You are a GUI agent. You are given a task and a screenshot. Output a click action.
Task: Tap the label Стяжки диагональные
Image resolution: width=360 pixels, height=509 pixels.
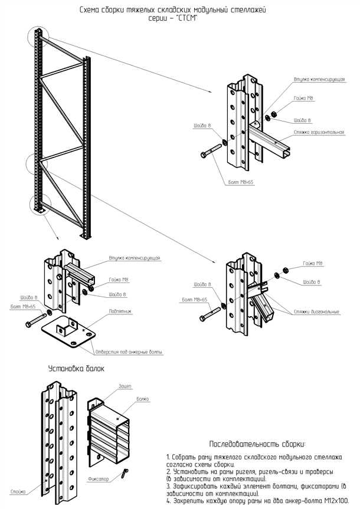coord(321,311)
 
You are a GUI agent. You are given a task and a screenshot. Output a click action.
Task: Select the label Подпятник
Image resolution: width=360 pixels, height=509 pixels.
coord(120,310)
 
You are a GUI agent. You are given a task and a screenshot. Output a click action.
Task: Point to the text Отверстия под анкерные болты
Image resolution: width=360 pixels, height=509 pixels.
coord(128,352)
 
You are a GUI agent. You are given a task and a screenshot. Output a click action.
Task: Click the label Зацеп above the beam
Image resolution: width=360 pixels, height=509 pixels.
coord(125,386)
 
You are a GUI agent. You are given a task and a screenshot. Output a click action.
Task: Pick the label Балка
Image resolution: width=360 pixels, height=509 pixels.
coord(143,399)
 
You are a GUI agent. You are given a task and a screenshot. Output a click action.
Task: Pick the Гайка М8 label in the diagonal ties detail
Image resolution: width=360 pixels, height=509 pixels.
coord(312,264)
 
